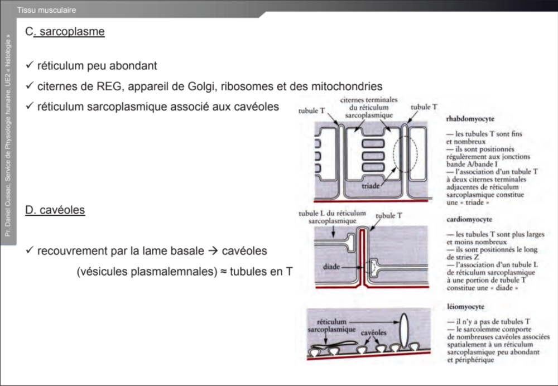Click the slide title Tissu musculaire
coord(47,10)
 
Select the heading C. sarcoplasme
coord(65,32)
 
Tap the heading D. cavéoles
coord(55,210)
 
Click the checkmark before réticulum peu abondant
coord(30,66)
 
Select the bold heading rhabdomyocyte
coord(470,119)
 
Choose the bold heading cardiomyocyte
coord(469,219)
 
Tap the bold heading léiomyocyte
coord(465,307)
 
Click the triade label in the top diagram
coord(372,185)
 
